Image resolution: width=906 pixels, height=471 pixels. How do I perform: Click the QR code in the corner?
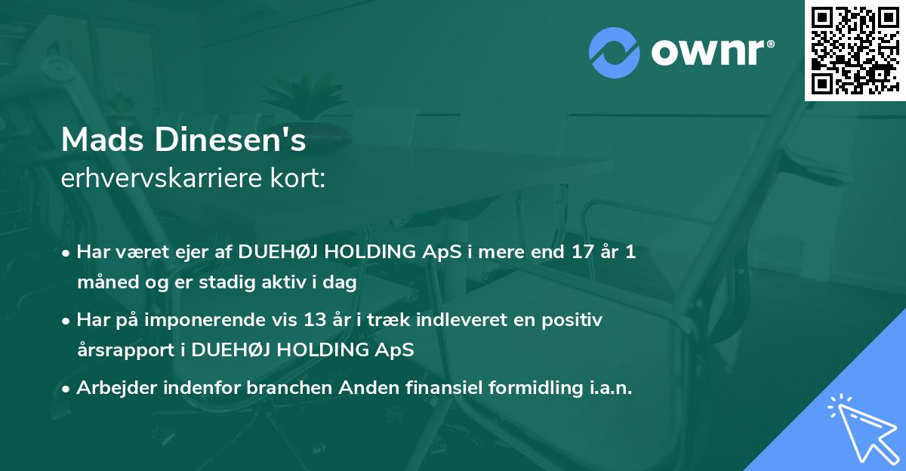point(855,51)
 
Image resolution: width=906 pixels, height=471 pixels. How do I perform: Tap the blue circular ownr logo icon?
point(614,53)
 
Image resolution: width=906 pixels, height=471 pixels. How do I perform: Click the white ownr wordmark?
point(713,53)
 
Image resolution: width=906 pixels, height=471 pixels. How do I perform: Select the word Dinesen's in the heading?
point(230,140)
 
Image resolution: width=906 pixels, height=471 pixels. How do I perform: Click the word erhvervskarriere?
point(162,177)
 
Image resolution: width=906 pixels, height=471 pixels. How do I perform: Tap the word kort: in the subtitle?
point(297,177)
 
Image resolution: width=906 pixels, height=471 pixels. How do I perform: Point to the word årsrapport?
point(126,350)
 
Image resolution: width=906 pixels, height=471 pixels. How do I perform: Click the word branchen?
point(289,387)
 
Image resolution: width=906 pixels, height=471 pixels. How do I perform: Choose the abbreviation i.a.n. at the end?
point(611,387)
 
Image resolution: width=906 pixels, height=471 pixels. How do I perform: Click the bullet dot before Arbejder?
point(66,389)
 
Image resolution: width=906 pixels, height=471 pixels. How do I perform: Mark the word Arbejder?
point(117,388)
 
